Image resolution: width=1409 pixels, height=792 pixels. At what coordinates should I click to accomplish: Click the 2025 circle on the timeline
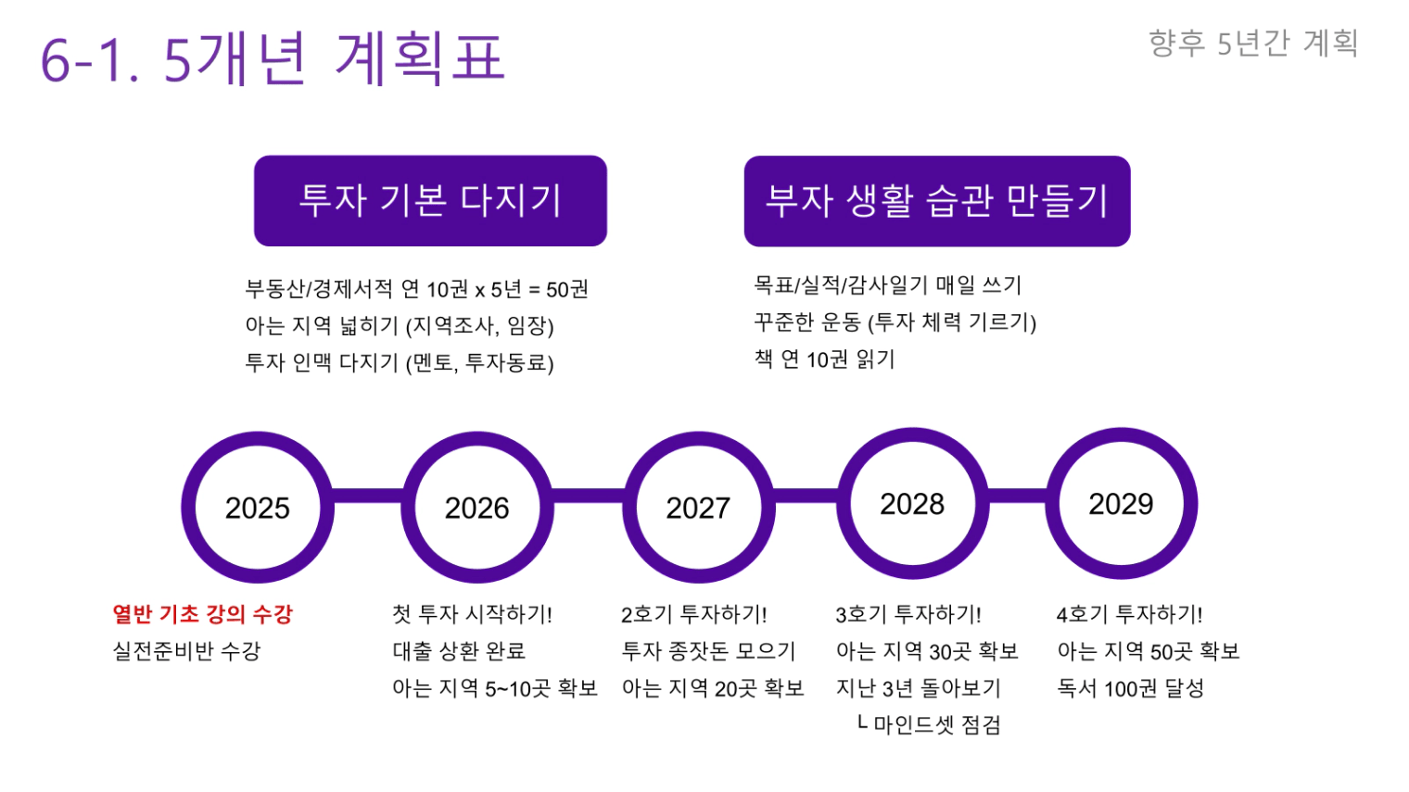[258, 508]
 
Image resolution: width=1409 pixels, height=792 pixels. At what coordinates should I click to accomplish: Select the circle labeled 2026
[477, 508]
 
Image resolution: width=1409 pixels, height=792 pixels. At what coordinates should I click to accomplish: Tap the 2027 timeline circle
[698, 508]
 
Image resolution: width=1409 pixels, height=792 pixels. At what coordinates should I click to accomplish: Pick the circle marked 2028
[913, 504]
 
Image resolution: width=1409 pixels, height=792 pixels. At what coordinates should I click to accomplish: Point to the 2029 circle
[1122, 504]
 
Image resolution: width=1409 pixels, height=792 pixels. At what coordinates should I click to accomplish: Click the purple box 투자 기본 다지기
[430, 200]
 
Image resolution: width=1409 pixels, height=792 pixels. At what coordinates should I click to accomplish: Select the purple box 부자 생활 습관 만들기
[937, 201]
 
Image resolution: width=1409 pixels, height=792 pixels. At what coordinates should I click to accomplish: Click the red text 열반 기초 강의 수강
[202, 614]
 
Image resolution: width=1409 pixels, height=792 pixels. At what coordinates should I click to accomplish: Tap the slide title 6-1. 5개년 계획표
[273, 58]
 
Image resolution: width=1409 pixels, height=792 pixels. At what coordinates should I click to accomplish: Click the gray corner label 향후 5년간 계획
[1253, 44]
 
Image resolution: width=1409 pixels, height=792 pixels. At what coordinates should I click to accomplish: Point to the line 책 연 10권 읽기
[824, 359]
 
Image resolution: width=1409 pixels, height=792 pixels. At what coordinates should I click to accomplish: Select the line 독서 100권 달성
[1130, 688]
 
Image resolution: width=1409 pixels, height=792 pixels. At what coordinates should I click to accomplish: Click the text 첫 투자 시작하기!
[473, 614]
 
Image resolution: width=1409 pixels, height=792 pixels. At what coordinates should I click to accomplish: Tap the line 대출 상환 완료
[459, 651]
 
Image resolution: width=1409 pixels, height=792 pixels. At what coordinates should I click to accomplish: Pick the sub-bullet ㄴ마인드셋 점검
[929, 724]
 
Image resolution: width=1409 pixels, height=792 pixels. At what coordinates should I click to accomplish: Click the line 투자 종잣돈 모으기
[709, 651]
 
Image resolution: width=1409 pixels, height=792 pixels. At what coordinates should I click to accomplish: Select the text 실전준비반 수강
[186, 651]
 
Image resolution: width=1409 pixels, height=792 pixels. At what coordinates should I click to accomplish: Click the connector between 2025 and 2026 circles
[367, 496]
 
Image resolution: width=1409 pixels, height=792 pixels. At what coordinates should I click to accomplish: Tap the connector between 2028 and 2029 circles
[1017, 496]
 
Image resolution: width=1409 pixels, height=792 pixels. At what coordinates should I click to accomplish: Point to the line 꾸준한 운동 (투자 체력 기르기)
[895, 322]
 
